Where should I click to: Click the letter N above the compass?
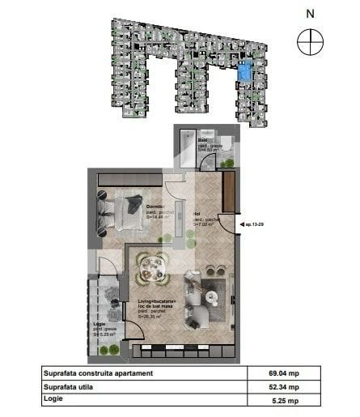point(311,13)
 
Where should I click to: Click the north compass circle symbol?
point(311,41)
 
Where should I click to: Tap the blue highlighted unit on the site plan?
point(245,72)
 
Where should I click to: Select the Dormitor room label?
point(155,206)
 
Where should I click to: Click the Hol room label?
point(197,215)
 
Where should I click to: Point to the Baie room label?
point(202,140)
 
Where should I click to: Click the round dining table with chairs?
point(151,264)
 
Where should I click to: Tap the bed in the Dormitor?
point(125,212)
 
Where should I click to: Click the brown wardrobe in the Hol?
point(229,190)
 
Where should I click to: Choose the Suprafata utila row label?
point(68,388)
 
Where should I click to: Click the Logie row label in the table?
point(52,401)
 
